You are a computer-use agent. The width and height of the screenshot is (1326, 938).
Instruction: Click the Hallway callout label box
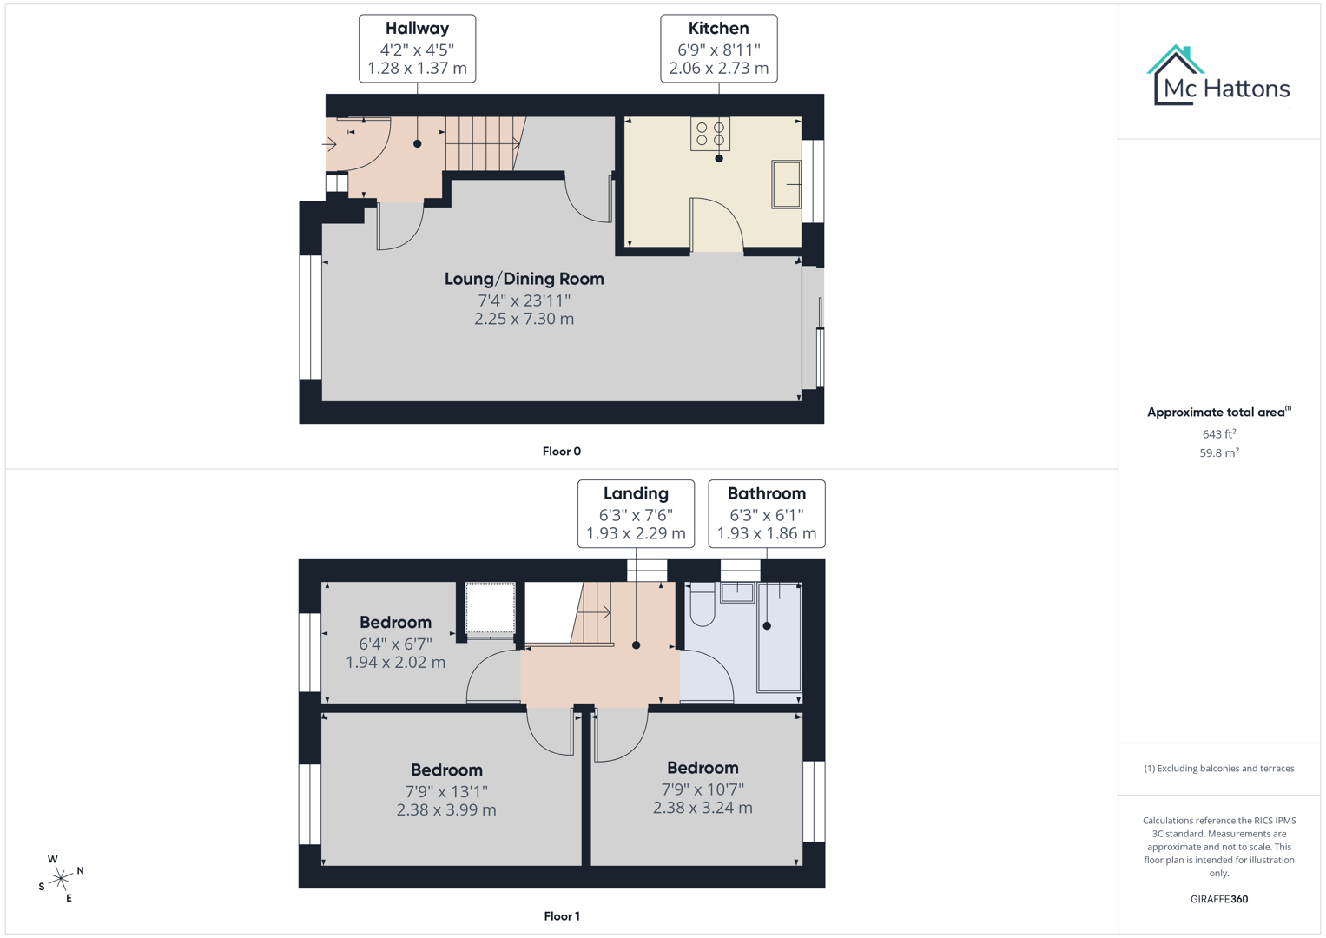click(x=417, y=49)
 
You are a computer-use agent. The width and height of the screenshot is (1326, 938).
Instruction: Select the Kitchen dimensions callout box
click(x=718, y=49)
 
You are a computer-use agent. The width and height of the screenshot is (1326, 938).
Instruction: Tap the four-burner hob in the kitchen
click(x=710, y=134)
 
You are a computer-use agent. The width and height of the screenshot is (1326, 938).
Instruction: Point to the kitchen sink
click(x=787, y=184)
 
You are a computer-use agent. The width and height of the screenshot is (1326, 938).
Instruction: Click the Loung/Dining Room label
click(x=524, y=280)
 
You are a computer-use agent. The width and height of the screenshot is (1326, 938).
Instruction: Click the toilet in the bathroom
click(x=702, y=604)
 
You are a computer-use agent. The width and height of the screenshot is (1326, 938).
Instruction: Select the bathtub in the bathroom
click(x=779, y=637)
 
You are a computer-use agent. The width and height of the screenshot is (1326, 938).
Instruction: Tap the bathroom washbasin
click(x=737, y=592)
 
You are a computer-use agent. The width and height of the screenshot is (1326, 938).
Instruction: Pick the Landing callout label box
click(x=636, y=513)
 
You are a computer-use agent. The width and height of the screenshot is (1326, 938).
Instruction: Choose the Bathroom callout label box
click(x=766, y=513)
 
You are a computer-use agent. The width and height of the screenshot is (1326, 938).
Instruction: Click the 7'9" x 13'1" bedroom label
click(x=446, y=789)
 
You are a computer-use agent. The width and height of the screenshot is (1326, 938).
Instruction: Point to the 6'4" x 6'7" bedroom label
click(x=395, y=643)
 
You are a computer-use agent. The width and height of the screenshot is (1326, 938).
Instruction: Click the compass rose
click(x=61, y=879)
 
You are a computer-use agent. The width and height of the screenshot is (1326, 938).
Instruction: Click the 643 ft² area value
click(x=1218, y=434)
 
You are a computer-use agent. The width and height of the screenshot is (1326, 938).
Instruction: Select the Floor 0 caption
click(x=561, y=452)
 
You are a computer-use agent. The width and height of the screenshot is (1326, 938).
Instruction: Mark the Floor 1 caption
click(x=561, y=916)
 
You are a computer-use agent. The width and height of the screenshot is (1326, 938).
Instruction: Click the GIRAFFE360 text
click(x=1218, y=900)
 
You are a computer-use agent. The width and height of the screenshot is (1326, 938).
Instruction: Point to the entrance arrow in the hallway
click(x=330, y=144)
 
